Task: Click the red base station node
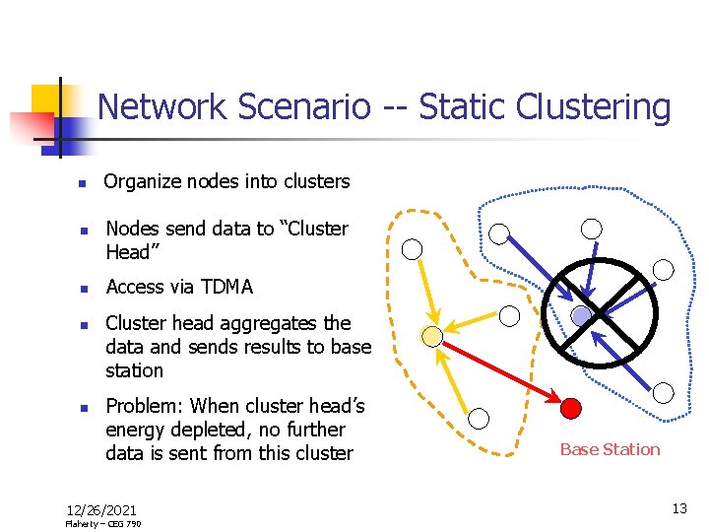click(571, 407)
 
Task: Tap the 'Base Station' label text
click(610, 449)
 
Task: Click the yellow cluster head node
click(431, 336)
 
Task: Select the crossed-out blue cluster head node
click(582, 315)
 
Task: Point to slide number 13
click(679, 508)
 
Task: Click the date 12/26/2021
click(100, 509)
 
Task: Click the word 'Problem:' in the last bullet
click(144, 406)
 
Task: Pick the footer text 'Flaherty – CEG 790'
click(102, 524)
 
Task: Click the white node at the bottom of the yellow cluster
click(479, 418)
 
